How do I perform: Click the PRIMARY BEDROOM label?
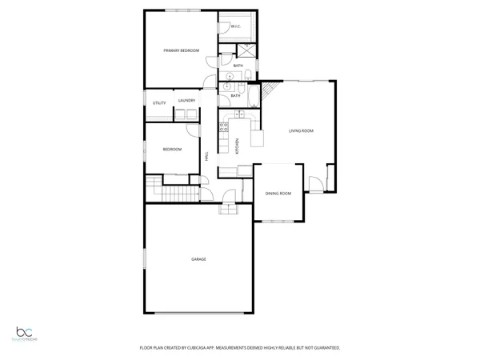point(181,51)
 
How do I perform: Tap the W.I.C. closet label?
point(236,27)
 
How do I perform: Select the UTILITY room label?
point(159,102)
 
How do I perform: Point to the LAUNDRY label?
point(187,101)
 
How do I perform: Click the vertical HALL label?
point(207,158)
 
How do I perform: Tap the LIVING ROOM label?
point(301,130)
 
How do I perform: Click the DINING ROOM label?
point(278,194)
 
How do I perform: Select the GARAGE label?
point(198,259)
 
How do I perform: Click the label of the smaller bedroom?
point(173,150)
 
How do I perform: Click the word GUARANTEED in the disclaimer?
point(325,348)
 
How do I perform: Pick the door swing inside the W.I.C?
point(225,26)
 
